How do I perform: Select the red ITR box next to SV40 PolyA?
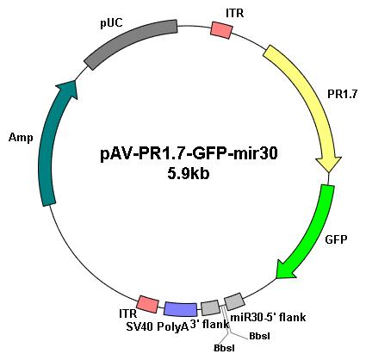click(147, 304)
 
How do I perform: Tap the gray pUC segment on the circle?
click(131, 44)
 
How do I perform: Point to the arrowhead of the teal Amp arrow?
click(68, 90)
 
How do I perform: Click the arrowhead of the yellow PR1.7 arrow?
click(329, 164)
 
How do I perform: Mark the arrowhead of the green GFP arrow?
click(286, 269)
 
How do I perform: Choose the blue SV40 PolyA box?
click(181, 309)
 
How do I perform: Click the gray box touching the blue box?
click(210, 307)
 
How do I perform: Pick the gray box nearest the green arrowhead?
click(234, 301)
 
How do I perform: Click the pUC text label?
click(111, 23)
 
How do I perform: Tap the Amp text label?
click(21, 138)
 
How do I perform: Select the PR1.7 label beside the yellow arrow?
click(343, 94)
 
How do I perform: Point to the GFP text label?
click(336, 239)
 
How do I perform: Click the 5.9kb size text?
click(189, 173)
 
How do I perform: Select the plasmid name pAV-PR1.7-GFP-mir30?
click(189, 154)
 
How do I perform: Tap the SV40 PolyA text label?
click(158, 326)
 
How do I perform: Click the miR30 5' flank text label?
click(268, 318)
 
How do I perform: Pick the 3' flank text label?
click(210, 325)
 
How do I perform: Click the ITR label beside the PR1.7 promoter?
click(235, 13)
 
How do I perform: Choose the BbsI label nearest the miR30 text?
click(259, 336)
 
